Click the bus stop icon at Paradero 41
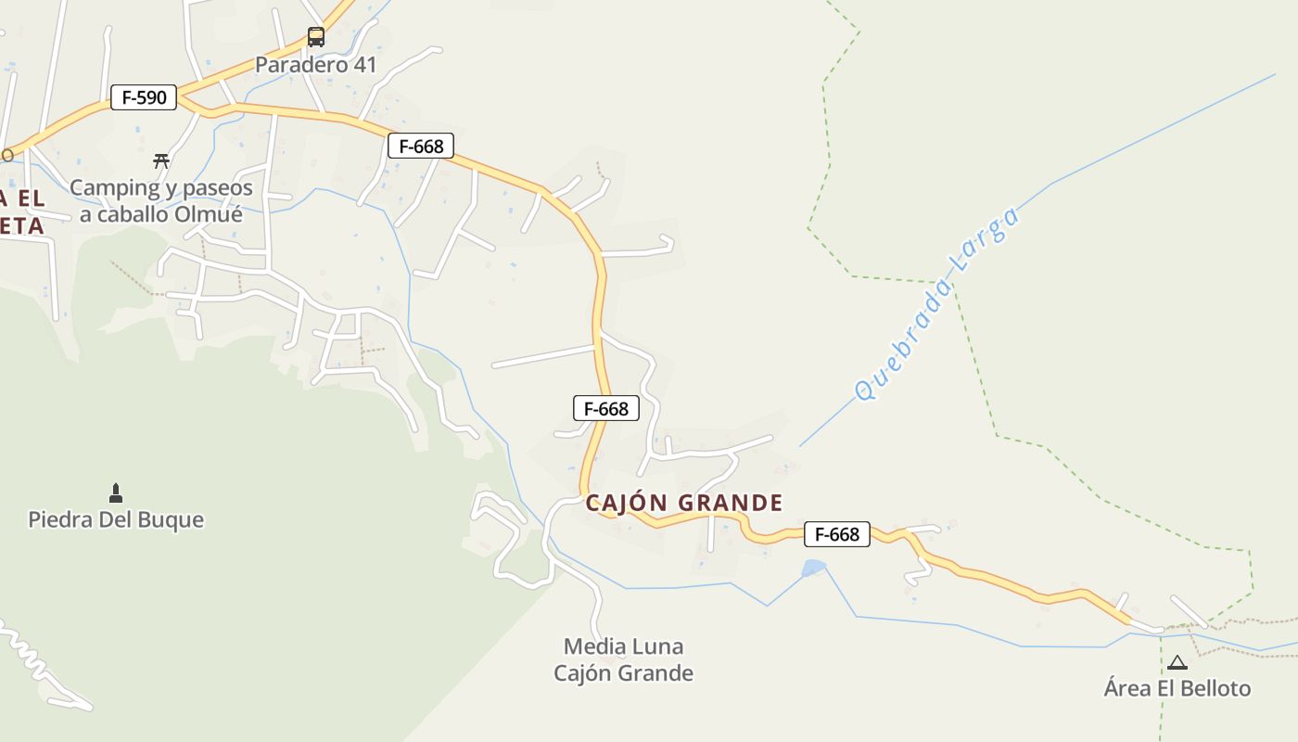tap(316, 37)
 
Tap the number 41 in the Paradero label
tap(364, 65)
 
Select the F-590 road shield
tap(144, 96)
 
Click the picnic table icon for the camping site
tap(161, 160)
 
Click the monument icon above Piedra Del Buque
tap(116, 492)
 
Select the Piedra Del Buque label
tap(116, 519)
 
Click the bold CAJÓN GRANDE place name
tap(684, 503)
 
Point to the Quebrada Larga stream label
tap(936, 304)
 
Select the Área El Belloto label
tap(1177, 688)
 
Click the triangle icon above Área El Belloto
tap(1177, 662)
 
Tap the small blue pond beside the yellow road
tap(813, 567)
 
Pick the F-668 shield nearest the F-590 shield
tap(421, 146)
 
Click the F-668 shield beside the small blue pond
tap(836, 534)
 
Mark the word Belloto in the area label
tap(1211, 688)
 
